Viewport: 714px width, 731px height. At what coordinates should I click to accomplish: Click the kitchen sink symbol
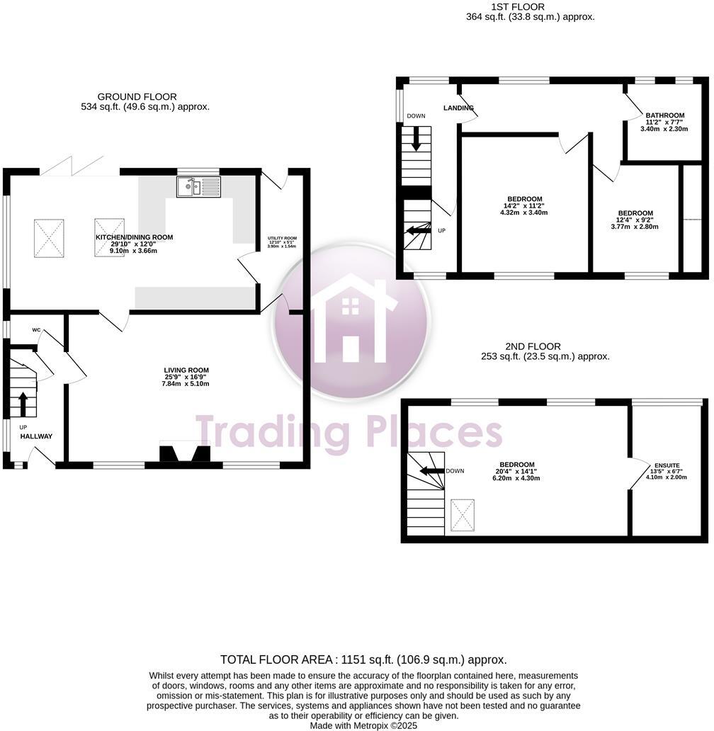click(198, 187)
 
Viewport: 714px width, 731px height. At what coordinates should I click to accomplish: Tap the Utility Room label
click(282, 238)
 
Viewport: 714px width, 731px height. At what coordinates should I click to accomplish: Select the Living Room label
click(186, 370)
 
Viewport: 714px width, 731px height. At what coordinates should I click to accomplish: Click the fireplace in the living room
click(184, 453)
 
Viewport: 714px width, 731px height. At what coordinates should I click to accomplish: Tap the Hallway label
click(36, 436)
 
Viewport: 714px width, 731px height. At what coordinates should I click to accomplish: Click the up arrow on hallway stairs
click(23, 404)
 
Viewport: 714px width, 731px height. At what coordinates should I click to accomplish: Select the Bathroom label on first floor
click(664, 115)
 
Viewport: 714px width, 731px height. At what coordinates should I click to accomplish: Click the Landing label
click(458, 108)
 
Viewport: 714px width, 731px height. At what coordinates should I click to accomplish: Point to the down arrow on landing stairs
click(416, 138)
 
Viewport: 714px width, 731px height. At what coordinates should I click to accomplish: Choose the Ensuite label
click(667, 465)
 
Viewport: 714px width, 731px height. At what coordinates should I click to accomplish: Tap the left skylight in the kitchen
click(50, 237)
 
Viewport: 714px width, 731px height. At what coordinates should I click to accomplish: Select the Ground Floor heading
click(137, 97)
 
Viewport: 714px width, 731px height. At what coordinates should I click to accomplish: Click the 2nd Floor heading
click(533, 346)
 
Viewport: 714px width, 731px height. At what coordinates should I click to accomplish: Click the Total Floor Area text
click(363, 659)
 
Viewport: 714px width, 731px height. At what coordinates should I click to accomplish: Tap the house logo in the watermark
click(351, 320)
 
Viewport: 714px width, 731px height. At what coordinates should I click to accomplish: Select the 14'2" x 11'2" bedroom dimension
click(525, 205)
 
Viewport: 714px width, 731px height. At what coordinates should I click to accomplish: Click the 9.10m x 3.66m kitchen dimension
click(135, 251)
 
